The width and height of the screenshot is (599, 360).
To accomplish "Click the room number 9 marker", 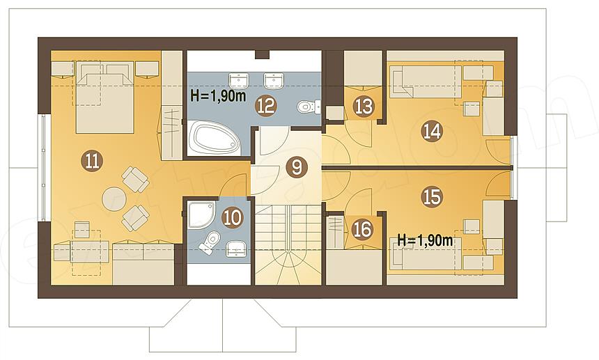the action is coord(297,168).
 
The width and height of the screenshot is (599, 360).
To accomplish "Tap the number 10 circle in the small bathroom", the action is coord(232,218).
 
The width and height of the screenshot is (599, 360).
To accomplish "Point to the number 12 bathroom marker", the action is coord(266,106).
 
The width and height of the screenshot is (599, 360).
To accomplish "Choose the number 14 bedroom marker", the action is coord(432,131).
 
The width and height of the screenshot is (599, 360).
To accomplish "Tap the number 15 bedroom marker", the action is coord(432,197).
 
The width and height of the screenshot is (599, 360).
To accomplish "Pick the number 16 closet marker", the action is coord(362,230).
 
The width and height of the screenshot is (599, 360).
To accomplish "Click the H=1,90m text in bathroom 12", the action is coord(218,96).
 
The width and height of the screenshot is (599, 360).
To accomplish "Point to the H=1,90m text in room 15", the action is coord(425,240).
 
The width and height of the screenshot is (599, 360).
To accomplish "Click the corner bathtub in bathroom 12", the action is coord(214,137).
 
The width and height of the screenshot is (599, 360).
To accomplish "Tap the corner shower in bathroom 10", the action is coord(201,214).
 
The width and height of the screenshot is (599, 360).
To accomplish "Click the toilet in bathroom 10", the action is coord(209,243).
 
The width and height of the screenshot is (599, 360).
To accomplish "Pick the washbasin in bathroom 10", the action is coord(235,249).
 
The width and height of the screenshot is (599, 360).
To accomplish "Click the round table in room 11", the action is coord(114,199).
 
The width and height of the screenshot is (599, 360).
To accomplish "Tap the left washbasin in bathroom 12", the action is coord(239,81).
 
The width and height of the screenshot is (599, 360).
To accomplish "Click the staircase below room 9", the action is coord(288,244).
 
